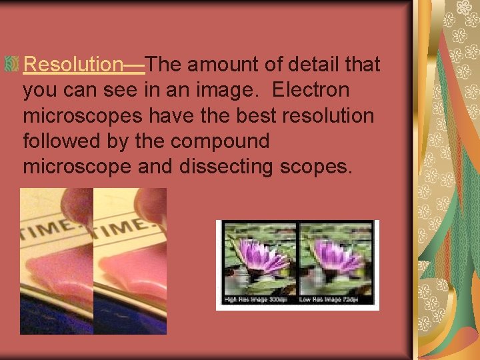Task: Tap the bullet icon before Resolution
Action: [x=11, y=65]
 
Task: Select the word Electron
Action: [x=312, y=90]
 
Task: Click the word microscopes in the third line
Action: [x=83, y=116]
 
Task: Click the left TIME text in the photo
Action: [x=47, y=227]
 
